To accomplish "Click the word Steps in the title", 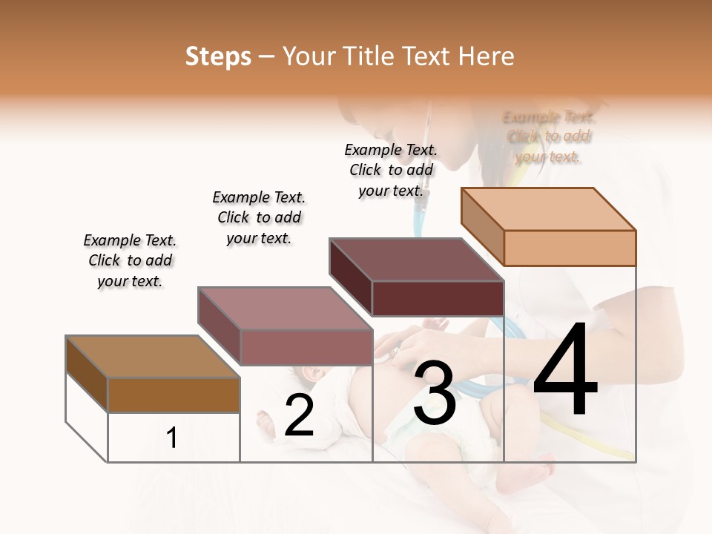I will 218,56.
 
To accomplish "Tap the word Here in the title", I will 487,56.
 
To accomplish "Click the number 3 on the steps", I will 435,393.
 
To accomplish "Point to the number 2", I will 299,415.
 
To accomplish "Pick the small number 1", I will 172,438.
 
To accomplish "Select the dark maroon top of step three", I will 416,260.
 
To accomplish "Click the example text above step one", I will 130,260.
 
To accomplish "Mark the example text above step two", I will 259,217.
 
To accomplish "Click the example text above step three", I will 391,170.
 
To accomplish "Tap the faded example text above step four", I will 548,136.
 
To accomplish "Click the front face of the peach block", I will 570,248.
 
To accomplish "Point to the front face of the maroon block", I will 438,299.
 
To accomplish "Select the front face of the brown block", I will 174,395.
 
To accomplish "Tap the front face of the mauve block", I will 306,347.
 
